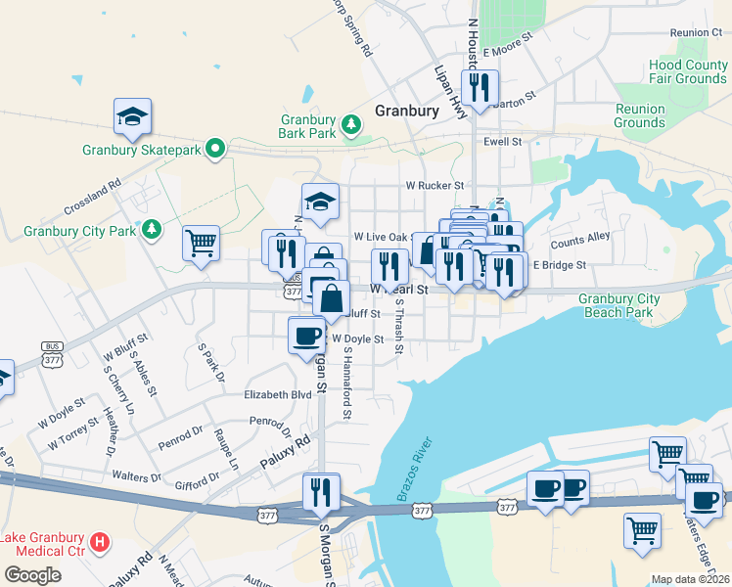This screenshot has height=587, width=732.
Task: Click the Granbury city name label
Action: click(407, 111)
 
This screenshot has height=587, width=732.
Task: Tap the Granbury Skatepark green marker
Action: click(220, 150)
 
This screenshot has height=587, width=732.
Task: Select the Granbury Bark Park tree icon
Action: click(351, 124)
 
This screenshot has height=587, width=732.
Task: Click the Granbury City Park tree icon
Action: click(151, 229)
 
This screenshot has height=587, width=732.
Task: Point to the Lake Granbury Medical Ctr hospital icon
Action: click(99, 542)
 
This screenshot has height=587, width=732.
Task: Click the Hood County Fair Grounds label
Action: click(687, 71)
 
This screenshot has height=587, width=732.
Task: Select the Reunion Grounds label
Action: click(639, 115)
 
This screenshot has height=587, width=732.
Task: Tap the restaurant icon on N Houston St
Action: click(480, 88)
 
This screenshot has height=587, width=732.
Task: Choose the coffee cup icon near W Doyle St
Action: click(306, 335)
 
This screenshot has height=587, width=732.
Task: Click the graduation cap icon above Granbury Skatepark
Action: click(133, 116)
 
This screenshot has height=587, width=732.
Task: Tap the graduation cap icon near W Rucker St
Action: click(319, 202)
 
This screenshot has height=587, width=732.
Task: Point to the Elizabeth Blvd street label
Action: click(277, 395)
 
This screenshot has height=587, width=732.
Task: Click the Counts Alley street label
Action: click(579, 239)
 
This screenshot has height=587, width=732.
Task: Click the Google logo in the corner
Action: click(33, 574)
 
